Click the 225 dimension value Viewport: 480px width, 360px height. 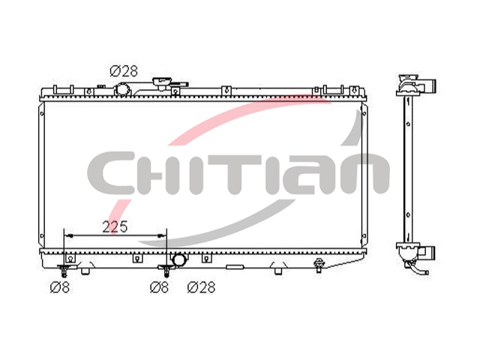pos(115,226)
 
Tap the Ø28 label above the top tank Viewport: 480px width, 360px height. pos(124,71)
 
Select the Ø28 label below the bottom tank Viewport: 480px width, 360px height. pos(202,287)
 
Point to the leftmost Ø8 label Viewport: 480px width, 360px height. pos(60,287)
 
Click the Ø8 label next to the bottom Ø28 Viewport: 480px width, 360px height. pos(159,287)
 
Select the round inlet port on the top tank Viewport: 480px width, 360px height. pos(122,90)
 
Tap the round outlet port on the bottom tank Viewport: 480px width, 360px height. pos(178,260)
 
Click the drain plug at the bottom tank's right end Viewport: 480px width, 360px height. pos(319,264)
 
